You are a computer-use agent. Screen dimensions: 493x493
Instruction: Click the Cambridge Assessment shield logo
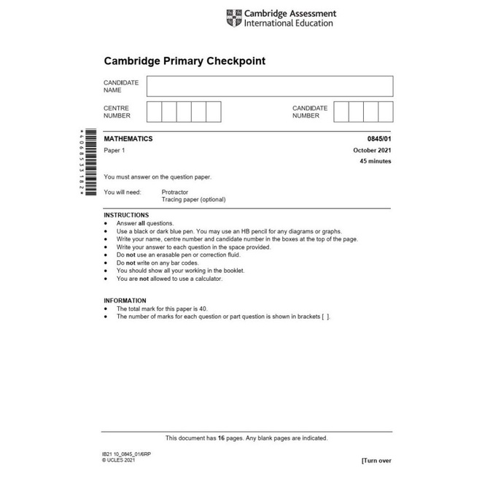point(233,18)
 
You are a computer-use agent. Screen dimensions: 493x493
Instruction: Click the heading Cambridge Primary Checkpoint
point(185,61)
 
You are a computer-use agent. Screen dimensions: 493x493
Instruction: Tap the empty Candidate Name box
point(269,86)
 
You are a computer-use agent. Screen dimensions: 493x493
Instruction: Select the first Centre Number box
point(154,112)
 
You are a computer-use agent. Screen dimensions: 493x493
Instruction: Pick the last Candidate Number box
point(385,112)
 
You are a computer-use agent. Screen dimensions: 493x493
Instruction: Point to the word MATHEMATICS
point(128,139)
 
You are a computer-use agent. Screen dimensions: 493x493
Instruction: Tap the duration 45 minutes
point(376,161)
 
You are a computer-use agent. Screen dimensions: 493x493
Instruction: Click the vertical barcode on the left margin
point(90,162)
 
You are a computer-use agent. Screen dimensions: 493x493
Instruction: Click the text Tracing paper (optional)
point(193,200)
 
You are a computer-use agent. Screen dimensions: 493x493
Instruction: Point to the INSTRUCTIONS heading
point(126,215)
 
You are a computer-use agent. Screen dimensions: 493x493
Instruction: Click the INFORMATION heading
point(125,300)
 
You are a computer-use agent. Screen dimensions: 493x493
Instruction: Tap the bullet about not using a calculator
point(169,279)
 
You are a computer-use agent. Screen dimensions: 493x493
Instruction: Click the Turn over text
point(376,461)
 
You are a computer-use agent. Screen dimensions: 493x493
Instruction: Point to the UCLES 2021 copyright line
point(119,460)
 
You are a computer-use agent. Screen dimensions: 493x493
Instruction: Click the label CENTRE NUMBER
point(117,112)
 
